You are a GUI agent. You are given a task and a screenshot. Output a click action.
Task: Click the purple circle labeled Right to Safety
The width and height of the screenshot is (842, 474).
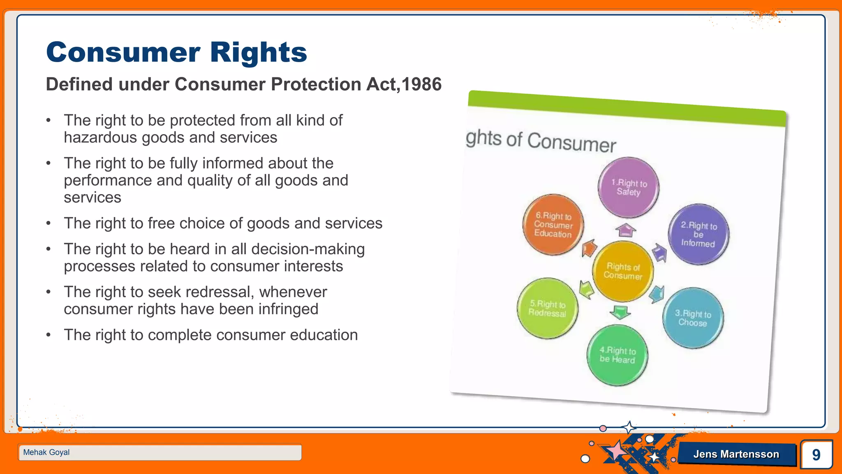628,188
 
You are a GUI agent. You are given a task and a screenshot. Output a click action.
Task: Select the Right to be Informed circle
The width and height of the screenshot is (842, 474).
698,235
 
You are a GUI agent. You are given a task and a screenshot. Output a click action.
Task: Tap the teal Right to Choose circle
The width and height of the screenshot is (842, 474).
693,318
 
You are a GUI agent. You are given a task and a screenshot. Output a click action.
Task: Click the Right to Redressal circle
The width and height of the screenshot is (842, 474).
547,309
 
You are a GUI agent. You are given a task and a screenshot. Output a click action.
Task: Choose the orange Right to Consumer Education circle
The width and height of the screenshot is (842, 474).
553,225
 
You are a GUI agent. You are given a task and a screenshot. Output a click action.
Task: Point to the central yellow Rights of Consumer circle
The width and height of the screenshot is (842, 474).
623,272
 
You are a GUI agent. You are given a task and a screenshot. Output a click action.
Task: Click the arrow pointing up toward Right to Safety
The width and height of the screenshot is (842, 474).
625,230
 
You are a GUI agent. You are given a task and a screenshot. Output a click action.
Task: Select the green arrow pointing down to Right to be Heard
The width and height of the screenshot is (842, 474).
620,312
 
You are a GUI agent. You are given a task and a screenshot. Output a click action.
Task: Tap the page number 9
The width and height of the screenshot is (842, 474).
816,455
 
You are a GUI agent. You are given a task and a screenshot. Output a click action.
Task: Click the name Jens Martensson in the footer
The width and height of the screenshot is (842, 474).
736,454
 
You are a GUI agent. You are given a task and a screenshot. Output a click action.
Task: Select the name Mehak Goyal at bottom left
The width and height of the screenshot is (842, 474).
46,452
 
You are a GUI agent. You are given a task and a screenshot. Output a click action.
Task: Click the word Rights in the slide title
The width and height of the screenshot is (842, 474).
259,53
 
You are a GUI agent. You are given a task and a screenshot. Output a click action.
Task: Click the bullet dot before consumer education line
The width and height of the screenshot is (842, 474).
49,335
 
